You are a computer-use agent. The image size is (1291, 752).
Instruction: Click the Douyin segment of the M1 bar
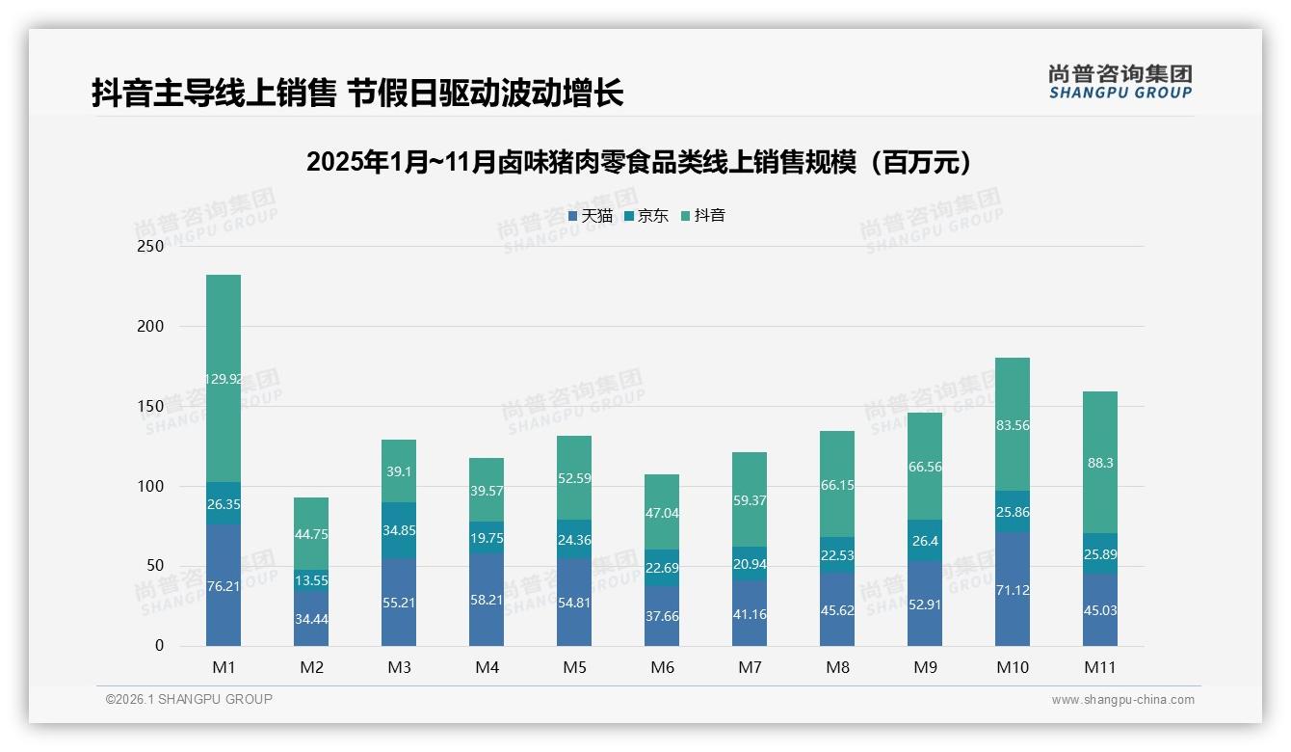point(224,378)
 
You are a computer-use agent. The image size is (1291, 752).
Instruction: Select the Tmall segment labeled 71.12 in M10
point(1013,589)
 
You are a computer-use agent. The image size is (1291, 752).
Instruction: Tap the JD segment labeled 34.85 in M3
point(399,530)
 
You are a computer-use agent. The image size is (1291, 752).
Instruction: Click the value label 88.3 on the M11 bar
point(1100,463)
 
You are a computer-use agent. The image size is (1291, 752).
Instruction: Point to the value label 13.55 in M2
point(311,580)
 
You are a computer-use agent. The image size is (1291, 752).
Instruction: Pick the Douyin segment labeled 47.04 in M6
point(662,513)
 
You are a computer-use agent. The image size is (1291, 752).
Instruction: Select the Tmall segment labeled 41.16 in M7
point(750,613)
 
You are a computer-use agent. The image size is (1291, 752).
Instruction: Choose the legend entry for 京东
point(646,216)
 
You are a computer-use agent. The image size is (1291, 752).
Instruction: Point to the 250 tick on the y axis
point(152,247)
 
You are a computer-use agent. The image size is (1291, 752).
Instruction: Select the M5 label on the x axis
point(574,667)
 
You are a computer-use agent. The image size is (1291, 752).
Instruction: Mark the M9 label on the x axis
point(925,667)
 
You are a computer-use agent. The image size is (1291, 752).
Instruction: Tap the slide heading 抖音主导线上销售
point(357,94)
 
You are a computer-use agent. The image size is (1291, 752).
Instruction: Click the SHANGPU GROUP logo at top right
point(1120,82)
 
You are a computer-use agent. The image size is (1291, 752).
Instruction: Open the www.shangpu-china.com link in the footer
point(1122,700)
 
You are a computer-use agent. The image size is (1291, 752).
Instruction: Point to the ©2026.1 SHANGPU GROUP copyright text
point(189,699)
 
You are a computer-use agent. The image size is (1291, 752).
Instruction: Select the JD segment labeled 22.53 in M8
point(837,554)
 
